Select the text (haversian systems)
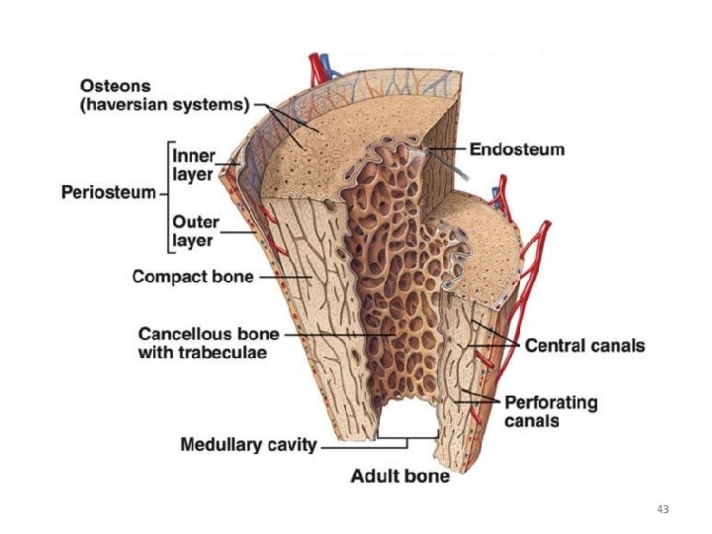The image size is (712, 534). pyautogui.click(x=165, y=105)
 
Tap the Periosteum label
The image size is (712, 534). pyautogui.click(x=109, y=192)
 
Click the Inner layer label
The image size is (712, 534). pyautogui.click(x=196, y=164)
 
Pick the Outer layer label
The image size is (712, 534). pyautogui.click(x=195, y=229)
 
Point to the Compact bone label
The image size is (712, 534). pyautogui.click(x=193, y=277)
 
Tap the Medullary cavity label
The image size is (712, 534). pyautogui.click(x=248, y=445)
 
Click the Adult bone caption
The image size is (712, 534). pyautogui.click(x=400, y=476)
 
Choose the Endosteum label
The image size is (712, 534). pyautogui.click(x=516, y=150)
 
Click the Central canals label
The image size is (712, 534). pyautogui.click(x=584, y=346)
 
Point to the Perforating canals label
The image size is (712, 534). pyautogui.click(x=551, y=411)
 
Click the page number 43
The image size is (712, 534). pyautogui.click(x=663, y=509)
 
